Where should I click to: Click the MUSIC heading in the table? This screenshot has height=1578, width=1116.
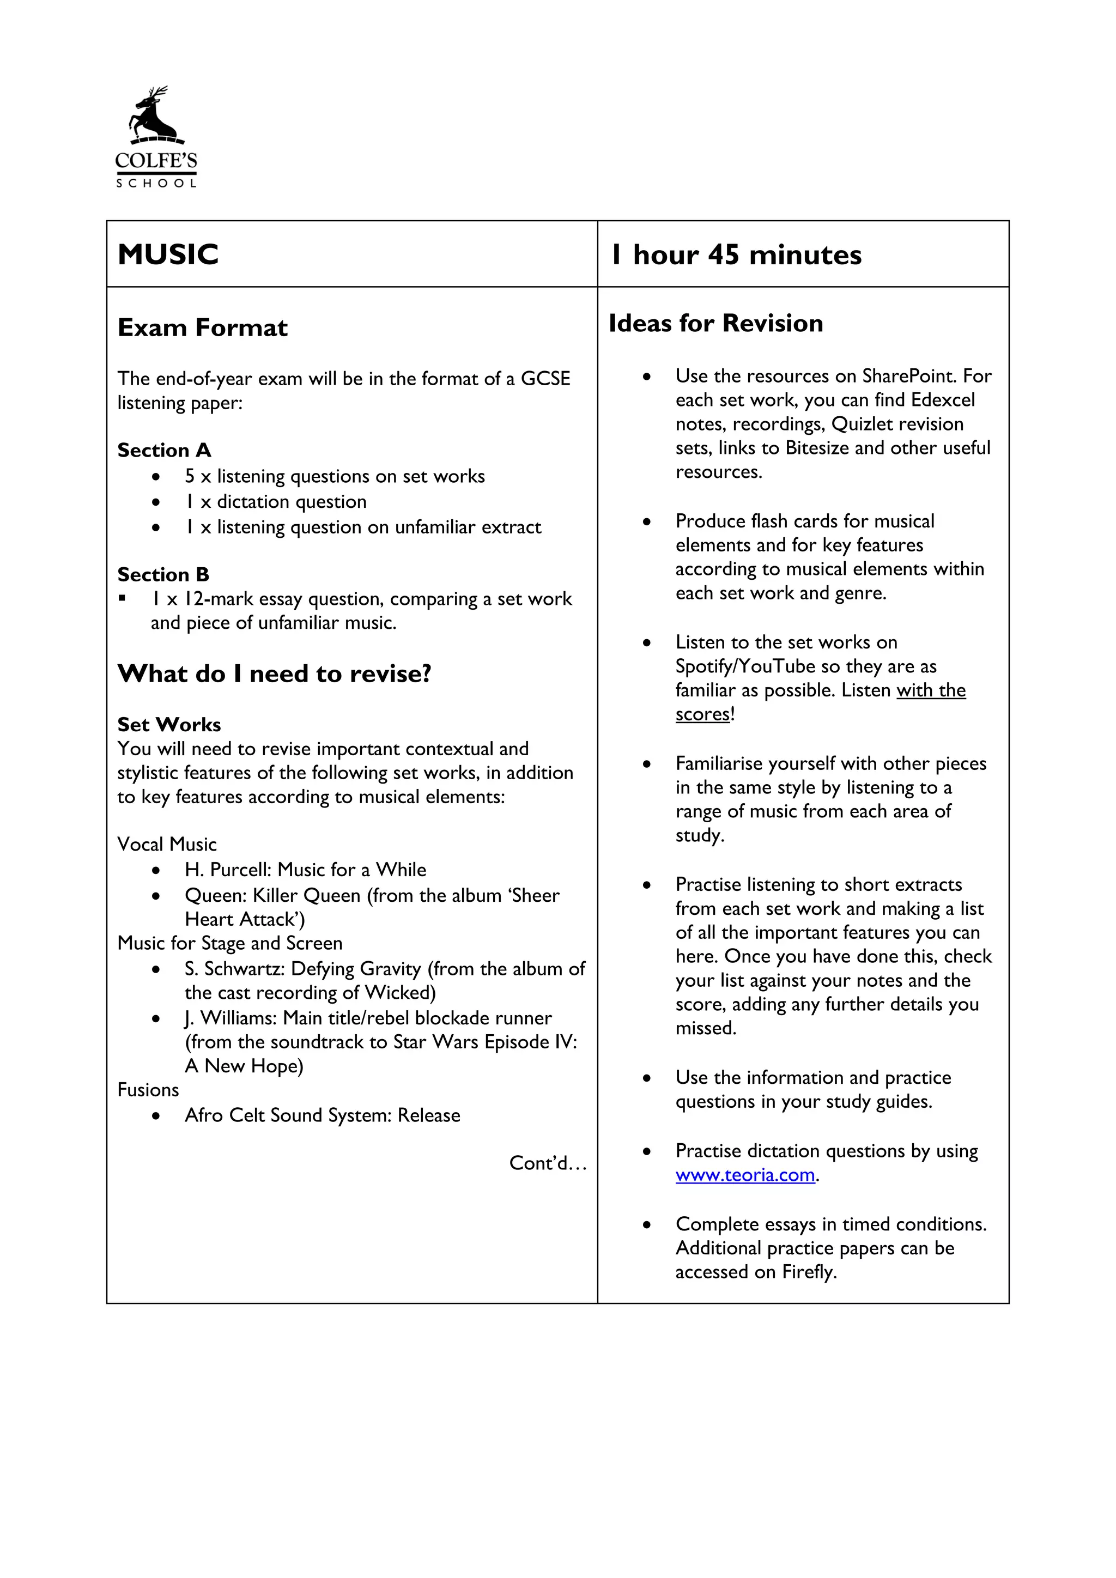pos(168,254)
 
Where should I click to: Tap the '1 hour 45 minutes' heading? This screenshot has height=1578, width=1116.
pos(736,255)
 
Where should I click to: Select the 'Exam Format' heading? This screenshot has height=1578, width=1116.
pos(203,328)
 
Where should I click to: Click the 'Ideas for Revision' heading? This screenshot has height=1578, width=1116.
pos(715,323)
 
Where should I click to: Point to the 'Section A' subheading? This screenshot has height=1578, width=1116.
pos(164,450)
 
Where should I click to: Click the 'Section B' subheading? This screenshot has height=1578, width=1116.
pos(163,574)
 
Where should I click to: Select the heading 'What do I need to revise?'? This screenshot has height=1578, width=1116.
pos(274,673)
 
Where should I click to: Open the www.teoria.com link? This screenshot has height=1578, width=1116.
pos(745,1175)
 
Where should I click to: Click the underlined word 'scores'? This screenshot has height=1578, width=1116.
pos(702,714)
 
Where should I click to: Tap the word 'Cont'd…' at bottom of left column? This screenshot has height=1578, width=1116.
pos(548,1163)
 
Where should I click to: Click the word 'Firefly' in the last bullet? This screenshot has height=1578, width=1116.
pos(808,1272)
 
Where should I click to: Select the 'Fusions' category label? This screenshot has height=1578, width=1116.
pos(148,1090)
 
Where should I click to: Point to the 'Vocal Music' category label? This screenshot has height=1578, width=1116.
pos(167,845)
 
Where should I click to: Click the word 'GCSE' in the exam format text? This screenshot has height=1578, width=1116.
pos(545,379)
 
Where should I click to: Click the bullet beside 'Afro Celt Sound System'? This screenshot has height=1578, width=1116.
pos(157,1116)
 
